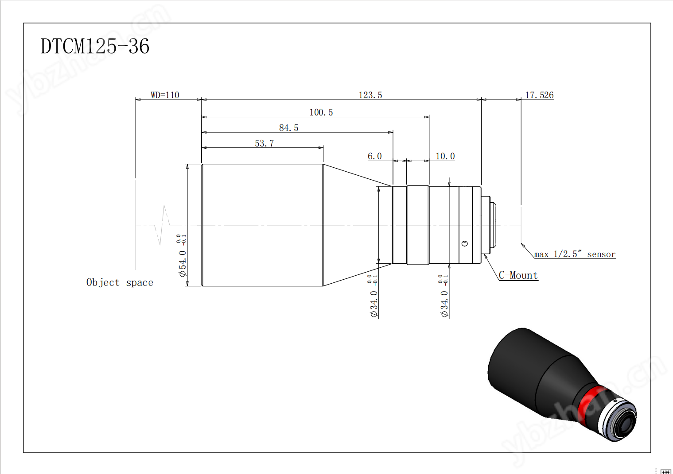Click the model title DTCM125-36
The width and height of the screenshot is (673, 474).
click(x=95, y=46)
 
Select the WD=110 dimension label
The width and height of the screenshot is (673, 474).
click(x=165, y=95)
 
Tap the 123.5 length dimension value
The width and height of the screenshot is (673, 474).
click(x=370, y=95)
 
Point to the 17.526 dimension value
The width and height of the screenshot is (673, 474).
click(x=539, y=95)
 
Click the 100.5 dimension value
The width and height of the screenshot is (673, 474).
click(x=321, y=112)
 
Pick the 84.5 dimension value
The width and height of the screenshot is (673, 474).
click(x=288, y=128)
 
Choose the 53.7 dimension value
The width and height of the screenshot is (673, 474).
click(x=265, y=143)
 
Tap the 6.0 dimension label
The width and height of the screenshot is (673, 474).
click(x=375, y=156)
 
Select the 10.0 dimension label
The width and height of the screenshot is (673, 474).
click(x=445, y=156)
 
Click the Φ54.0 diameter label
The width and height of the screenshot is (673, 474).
click(x=183, y=263)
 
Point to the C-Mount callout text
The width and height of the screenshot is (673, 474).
click(x=518, y=275)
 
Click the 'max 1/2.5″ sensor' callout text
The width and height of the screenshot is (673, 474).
click(x=575, y=254)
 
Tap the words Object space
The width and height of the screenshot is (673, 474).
click(x=120, y=282)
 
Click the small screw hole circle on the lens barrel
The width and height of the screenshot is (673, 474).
click(x=465, y=243)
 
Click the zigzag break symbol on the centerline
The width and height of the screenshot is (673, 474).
click(x=162, y=225)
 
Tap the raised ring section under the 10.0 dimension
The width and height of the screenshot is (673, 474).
click(x=418, y=225)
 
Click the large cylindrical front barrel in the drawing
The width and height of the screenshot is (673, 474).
click(x=262, y=225)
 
